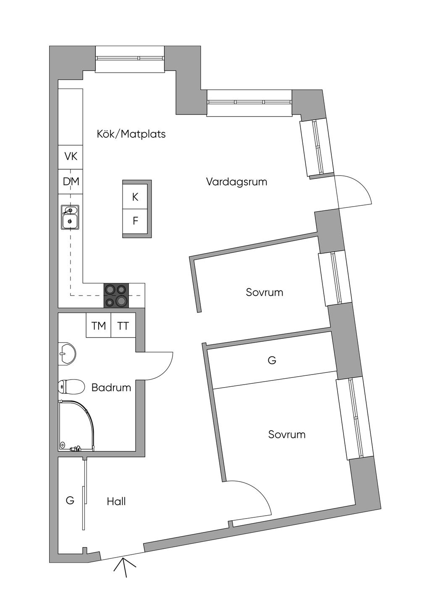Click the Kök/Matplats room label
[131, 134]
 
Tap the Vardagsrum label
[236, 182]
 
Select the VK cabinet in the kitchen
[71, 157]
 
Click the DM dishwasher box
[71, 182]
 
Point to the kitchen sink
[70, 217]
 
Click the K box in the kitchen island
[135, 197]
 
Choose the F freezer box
[135, 221]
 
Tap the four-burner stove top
[116, 295]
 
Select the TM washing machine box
[98, 325]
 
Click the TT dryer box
[123, 325]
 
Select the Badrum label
[111, 388]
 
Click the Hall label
[116, 501]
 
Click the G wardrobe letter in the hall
[70, 501]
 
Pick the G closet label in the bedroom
[272, 360]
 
